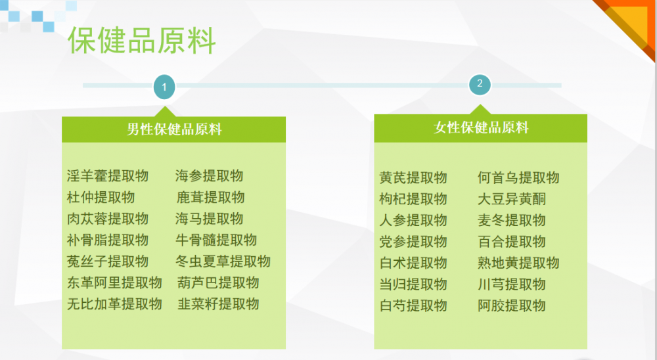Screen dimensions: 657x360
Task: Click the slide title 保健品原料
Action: click(142, 41)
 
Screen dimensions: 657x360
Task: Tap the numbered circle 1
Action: click(164, 87)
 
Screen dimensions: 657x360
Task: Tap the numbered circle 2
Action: click(480, 84)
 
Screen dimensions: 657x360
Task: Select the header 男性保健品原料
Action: click(174, 129)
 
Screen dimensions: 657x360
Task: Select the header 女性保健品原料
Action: click(481, 127)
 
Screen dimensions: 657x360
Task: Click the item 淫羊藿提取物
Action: click(108, 176)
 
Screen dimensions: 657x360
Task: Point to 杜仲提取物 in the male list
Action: click(101, 197)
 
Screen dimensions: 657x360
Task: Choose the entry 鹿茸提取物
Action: click(210, 197)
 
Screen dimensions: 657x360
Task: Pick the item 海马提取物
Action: click(209, 219)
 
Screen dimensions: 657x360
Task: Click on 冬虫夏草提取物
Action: click(223, 261)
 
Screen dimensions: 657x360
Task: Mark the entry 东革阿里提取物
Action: click(114, 283)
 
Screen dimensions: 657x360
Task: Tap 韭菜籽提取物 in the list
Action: click(218, 304)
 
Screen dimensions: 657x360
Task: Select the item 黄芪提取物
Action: click(413, 177)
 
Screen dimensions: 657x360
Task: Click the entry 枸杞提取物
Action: click(413, 199)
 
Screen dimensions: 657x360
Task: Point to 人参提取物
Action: click(413, 221)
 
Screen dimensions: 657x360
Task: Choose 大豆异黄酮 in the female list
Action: click(512, 199)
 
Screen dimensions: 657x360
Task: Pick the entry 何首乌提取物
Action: click(518, 177)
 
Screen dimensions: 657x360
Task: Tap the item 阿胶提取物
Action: click(512, 306)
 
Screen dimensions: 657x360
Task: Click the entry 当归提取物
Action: click(413, 284)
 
